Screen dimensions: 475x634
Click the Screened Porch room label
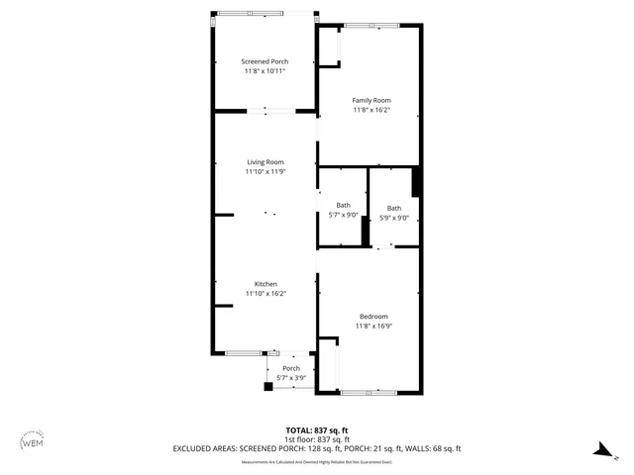coord(264,61)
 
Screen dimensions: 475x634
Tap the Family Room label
coord(371,100)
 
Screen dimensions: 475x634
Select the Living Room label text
coord(265,162)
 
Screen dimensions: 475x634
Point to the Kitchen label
coord(265,284)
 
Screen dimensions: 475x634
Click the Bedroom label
coord(372,317)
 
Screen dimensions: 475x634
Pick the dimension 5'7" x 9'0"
coord(343,218)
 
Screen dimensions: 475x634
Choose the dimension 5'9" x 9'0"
coord(394,218)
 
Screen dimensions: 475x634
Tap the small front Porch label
coord(291,368)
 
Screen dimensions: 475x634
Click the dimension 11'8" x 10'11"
coord(264,71)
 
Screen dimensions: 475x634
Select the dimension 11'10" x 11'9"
coord(265,172)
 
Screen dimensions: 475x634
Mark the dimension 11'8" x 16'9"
coord(372,327)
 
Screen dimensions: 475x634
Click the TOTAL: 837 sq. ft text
coord(316,429)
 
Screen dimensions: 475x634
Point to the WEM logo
coord(32,442)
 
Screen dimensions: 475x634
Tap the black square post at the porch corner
coord(267,387)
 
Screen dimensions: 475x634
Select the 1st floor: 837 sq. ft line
coord(316,438)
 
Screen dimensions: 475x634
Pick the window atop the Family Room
coord(372,25)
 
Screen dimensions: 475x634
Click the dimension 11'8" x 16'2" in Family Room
coord(371,110)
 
